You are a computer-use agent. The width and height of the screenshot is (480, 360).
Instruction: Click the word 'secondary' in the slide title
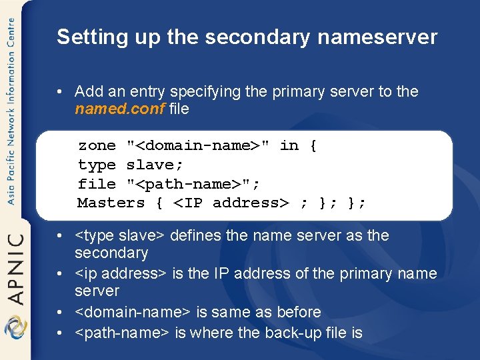tap(257, 37)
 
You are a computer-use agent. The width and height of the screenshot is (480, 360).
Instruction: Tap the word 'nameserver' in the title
tap(377, 37)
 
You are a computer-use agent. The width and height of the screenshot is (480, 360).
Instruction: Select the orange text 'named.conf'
tap(120, 109)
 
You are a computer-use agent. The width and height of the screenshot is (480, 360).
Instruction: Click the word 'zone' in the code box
tap(97, 145)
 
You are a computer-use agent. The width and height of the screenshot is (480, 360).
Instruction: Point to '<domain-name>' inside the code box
tap(198, 145)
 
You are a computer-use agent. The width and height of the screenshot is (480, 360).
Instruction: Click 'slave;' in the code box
tap(155, 165)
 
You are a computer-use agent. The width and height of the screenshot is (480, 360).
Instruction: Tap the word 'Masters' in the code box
tap(111, 203)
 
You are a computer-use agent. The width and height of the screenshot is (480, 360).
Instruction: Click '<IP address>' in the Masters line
tap(231, 203)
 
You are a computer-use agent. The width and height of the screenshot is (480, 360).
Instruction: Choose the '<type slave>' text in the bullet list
tap(121, 235)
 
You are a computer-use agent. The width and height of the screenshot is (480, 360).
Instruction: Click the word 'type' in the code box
tap(97, 165)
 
